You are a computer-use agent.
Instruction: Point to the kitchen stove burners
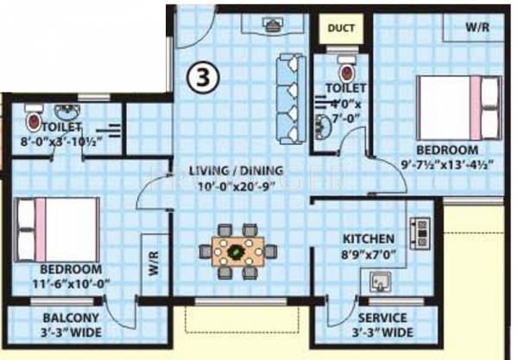point(421,232)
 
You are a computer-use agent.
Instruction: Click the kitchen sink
point(379,281)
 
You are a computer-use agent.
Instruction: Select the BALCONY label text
point(55,316)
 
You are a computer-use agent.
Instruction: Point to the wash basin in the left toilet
point(66,113)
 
